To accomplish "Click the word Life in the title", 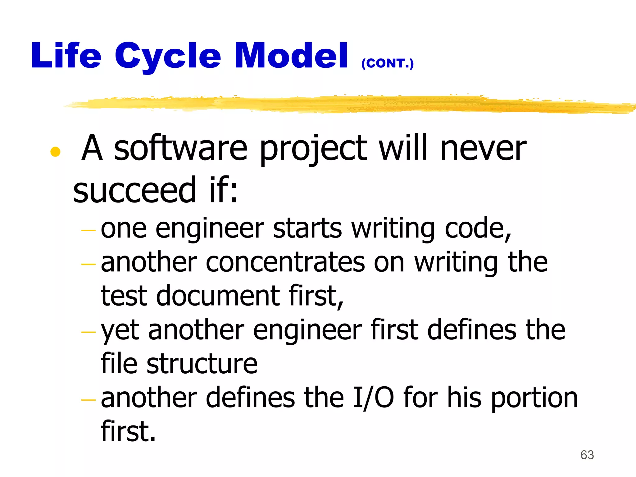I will (x=66, y=56).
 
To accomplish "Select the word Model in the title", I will (x=291, y=56).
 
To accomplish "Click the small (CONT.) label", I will (x=387, y=63).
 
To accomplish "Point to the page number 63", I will (x=587, y=455).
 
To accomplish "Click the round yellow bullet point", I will (x=55, y=152).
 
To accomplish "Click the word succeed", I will (x=135, y=190).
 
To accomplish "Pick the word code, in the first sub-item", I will (x=478, y=229).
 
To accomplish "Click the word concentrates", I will (x=285, y=262).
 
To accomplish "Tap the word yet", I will (x=120, y=331).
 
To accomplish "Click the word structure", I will (x=202, y=364).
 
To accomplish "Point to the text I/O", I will (x=374, y=398).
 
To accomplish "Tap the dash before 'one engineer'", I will (x=88, y=230).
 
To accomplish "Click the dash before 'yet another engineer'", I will (x=88, y=332).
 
